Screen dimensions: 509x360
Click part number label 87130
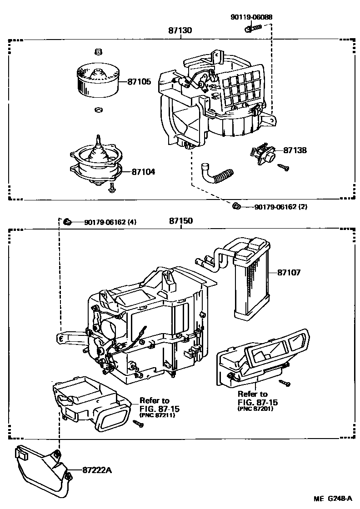pos(180,31)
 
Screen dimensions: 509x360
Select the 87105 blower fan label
pos(139,82)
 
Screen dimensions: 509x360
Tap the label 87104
pos(143,172)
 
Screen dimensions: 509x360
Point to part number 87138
pos(295,150)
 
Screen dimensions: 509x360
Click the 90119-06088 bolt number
pos(251,17)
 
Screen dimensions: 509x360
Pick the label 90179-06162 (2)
pos(280,207)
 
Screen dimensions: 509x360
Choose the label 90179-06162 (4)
pos(110,222)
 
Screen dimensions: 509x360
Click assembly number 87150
pos(181,221)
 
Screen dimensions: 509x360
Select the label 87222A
pos(96,470)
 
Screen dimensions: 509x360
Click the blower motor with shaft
pos(96,163)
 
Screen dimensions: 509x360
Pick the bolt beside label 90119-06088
pos(253,29)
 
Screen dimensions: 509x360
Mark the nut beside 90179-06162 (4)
pos(67,222)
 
